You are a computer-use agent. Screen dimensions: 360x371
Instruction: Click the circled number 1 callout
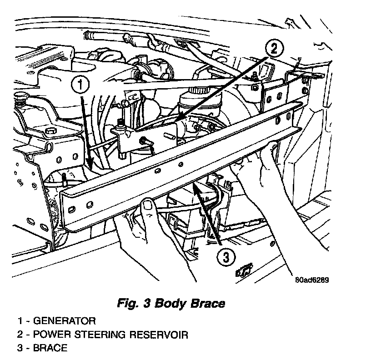[x=80, y=84]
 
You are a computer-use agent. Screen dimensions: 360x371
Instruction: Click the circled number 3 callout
[x=226, y=258]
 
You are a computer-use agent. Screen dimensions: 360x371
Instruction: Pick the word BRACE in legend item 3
[x=52, y=349]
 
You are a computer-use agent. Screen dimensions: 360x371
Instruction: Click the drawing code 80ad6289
[x=311, y=280]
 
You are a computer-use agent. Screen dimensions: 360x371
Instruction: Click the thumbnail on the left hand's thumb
[x=147, y=206]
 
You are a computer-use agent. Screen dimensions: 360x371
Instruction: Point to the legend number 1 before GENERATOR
[x=21, y=321]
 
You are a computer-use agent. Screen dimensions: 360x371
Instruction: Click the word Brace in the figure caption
[x=209, y=303]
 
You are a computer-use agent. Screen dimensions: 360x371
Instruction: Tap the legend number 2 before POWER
[x=21, y=335]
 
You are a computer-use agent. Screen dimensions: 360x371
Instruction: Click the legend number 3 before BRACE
[x=21, y=349]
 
